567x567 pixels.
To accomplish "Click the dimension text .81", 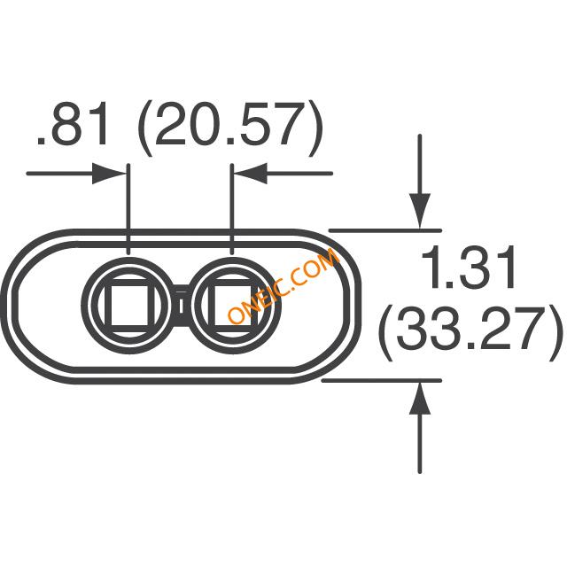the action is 73,125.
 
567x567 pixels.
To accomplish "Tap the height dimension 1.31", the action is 469,267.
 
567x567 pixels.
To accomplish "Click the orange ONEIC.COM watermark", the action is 283,285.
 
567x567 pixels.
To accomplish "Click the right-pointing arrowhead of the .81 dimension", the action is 108,174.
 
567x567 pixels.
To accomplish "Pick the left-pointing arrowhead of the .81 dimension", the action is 251,174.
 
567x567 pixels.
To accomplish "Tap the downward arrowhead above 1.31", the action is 419,211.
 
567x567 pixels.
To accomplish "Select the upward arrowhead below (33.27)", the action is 419,399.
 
